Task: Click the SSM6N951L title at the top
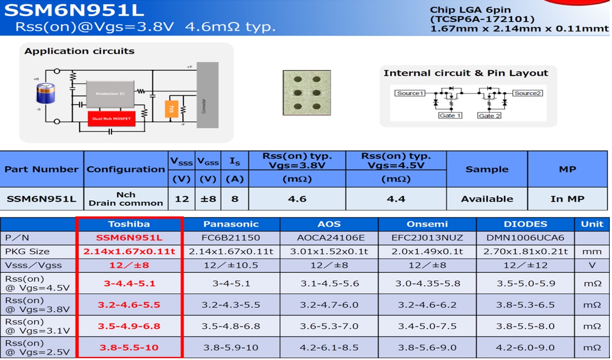coord(74,10)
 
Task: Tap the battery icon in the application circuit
coord(45,96)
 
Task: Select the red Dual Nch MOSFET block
coord(111,119)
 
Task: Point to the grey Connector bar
coord(207,95)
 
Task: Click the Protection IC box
coord(110,93)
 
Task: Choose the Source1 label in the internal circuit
coord(410,93)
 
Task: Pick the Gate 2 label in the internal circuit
coord(489,116)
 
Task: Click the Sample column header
coord(487,169)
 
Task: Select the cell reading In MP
coord(567,198)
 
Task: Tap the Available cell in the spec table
coord(487,198)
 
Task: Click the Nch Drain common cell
coord(126,198)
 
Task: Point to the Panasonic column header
coord(231,224)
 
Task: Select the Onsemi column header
coord(427,224)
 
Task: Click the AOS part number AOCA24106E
coord(329,238)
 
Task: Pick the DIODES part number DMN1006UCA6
coord(525,238)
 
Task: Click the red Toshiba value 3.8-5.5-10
coord(129,347)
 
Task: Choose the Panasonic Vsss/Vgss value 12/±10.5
coord(231,265)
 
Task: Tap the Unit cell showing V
coord(592,265)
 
